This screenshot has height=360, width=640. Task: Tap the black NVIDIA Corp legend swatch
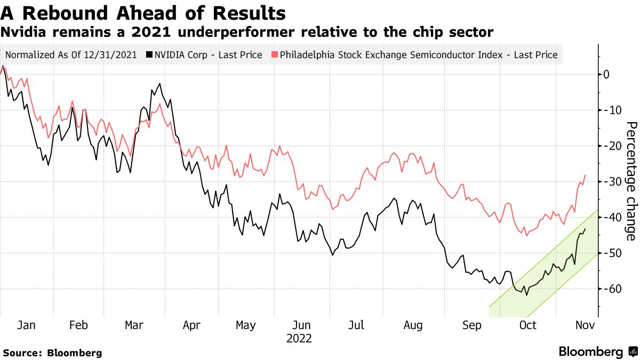151,54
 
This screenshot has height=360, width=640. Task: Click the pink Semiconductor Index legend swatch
275,54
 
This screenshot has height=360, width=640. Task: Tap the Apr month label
191,325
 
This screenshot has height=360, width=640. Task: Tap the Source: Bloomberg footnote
52,353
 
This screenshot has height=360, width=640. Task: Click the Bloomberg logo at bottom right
597,351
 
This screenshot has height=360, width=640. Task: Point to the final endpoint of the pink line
585,175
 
